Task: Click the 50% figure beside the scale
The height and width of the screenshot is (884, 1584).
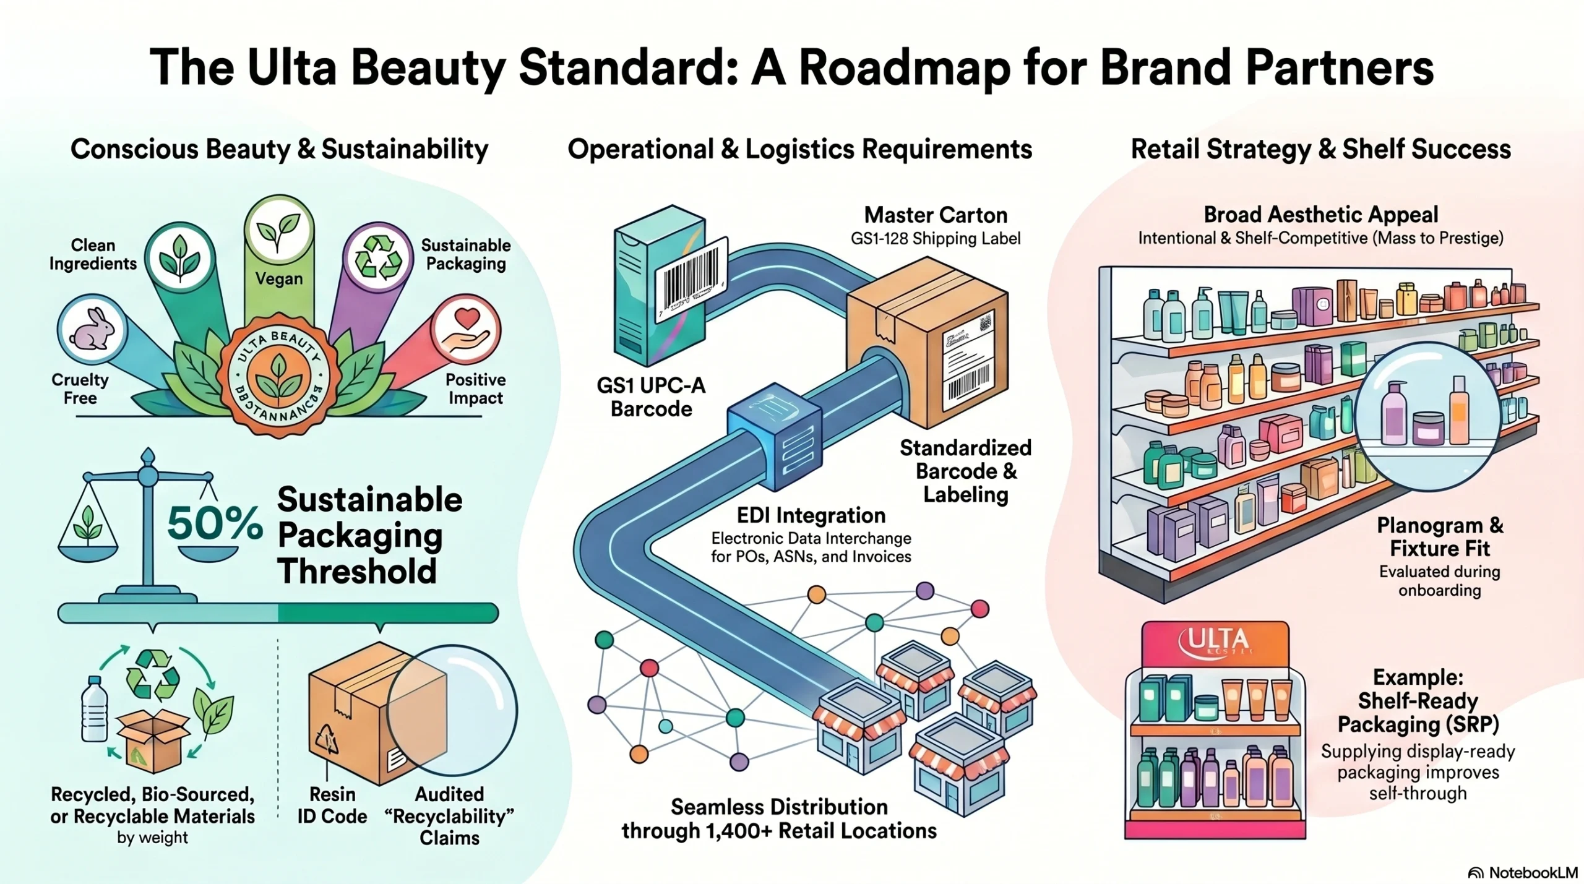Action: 215,523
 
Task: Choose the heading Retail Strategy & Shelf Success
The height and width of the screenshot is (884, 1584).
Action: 1320,149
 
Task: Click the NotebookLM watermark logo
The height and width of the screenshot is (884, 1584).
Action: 1523,872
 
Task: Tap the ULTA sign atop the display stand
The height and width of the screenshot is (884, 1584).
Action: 1215,643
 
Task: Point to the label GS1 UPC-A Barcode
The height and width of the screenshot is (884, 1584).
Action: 651,397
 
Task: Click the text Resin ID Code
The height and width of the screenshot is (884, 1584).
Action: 332,805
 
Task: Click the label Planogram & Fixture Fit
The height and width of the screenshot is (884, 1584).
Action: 1439,537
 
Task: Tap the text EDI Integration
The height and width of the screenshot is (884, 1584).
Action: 811,515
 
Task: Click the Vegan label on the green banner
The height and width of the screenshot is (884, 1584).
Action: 279,279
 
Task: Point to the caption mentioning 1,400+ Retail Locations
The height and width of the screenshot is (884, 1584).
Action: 779,830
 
